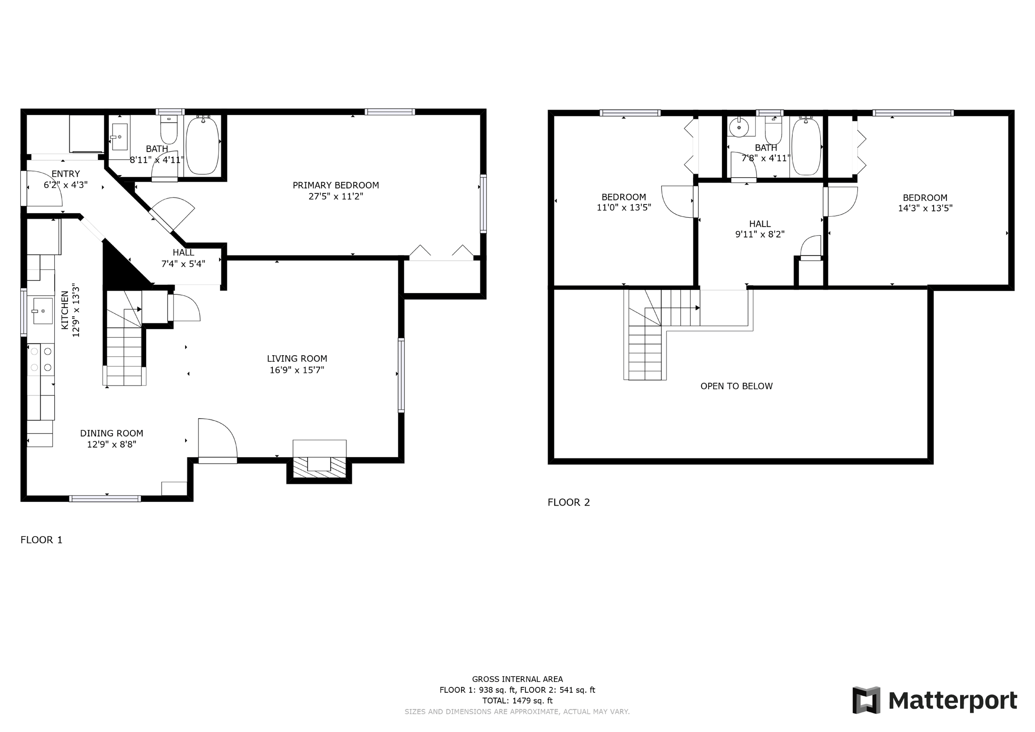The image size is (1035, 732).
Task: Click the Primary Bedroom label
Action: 335,185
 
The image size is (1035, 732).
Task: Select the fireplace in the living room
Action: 319,462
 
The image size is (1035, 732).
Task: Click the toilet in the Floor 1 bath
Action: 168,130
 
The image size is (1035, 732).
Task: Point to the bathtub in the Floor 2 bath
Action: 806,146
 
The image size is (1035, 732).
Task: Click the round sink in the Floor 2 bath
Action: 739,128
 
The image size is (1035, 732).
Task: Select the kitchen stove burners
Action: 41,359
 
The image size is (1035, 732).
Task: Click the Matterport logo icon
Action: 866,701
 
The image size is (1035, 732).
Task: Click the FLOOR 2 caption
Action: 568,502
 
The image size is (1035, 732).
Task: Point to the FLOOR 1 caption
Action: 41,539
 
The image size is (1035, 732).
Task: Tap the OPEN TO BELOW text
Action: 736,386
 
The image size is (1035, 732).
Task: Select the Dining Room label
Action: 111,433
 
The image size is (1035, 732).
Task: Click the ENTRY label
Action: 65,173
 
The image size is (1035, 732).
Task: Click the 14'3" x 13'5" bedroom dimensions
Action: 924,208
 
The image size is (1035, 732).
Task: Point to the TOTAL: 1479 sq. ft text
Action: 517,701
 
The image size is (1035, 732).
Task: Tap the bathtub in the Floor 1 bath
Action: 202,145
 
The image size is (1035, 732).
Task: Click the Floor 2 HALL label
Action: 760,224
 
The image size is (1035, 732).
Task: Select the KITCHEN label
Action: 65,310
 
